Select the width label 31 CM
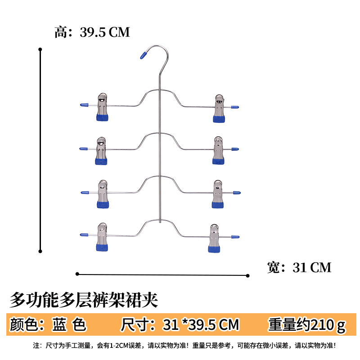tap(299, 268)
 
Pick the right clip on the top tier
tap(220, 108)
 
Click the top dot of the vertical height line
tap(40, 49)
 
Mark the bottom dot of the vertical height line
tap(40, 251)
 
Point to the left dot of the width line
tap(77, 273)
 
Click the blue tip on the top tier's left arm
tap(84, 105)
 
